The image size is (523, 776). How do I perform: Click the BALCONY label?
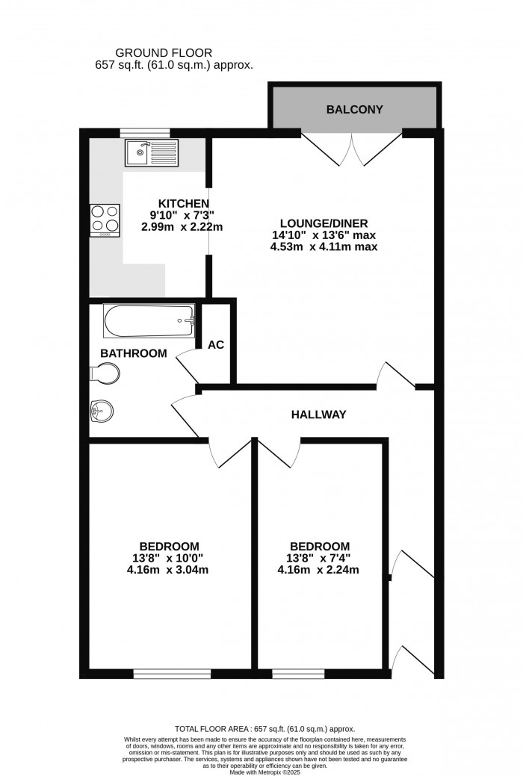tap(354, 110)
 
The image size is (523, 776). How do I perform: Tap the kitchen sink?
tap(151, 152)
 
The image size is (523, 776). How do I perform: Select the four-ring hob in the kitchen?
tap(105, 220)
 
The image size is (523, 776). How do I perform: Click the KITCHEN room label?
tap(183, 203)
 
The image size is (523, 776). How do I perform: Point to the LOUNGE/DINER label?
tap(324, 223)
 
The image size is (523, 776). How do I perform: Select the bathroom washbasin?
tap(99, 409)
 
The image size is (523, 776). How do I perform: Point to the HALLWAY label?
tap(319, 415)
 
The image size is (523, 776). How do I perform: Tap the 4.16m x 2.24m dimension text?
tap(320, 570)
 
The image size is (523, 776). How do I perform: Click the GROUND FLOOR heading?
tap(164, 52)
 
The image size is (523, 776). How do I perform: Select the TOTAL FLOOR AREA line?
tap(264, 728)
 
